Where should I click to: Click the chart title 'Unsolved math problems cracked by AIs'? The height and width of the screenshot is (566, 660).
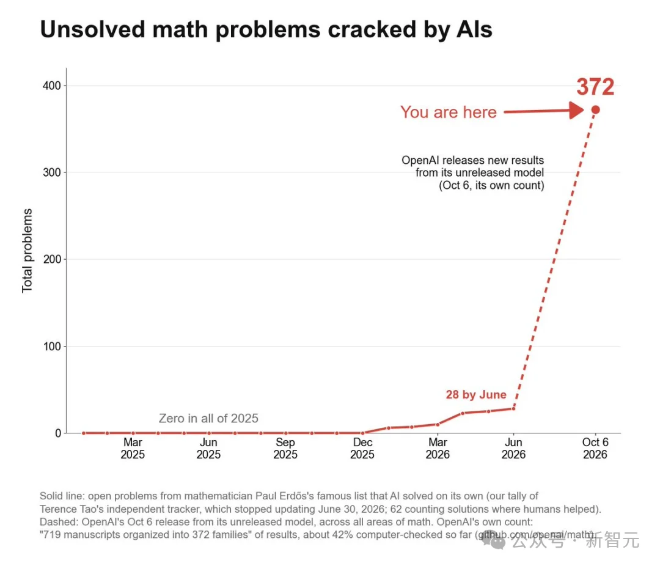pyautogui.click(x=266, y=30)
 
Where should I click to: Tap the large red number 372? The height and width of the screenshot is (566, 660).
pyautogui.click(x=595, y=87)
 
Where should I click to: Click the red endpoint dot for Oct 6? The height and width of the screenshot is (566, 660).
pyautogui.click(x=595, y=110)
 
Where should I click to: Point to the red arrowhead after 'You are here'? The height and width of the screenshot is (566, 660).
pyautogui.click(x=576, y=111)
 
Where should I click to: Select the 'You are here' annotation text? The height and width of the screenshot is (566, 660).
pyautogui.click(x=449, y=112)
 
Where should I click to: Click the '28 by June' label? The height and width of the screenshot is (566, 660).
pyautogui.click(x=476, y=395)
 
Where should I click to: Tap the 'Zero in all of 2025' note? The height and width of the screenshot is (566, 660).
pyautogui.click(x=208, y=418)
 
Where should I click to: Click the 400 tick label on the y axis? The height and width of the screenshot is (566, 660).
pyautogui.click(x=52, y=86)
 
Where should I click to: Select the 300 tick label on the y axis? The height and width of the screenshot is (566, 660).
pyautogui.click(x=52, y=172)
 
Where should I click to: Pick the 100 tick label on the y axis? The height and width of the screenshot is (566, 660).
pyautogui.click(x=52, y=346)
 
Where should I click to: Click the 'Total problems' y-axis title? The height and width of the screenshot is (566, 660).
pyautogui.click(x=27, y=250)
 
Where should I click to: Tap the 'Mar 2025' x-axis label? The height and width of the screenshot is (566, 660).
pyautogui.click(x=133, y=449)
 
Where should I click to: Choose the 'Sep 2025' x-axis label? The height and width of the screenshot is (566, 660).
pyautogui.click(x=285, y=449)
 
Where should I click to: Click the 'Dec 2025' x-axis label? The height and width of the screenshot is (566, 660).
pyautogui.click(x=362, y=449)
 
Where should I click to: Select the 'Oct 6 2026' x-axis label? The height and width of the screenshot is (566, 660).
pyautogui.click(x=595, y=449)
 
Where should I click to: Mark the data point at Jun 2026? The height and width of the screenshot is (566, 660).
pyautogui.click(x=513, y=408)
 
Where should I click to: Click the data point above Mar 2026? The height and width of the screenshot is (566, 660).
pyautogui.click(x=438, y=424)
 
